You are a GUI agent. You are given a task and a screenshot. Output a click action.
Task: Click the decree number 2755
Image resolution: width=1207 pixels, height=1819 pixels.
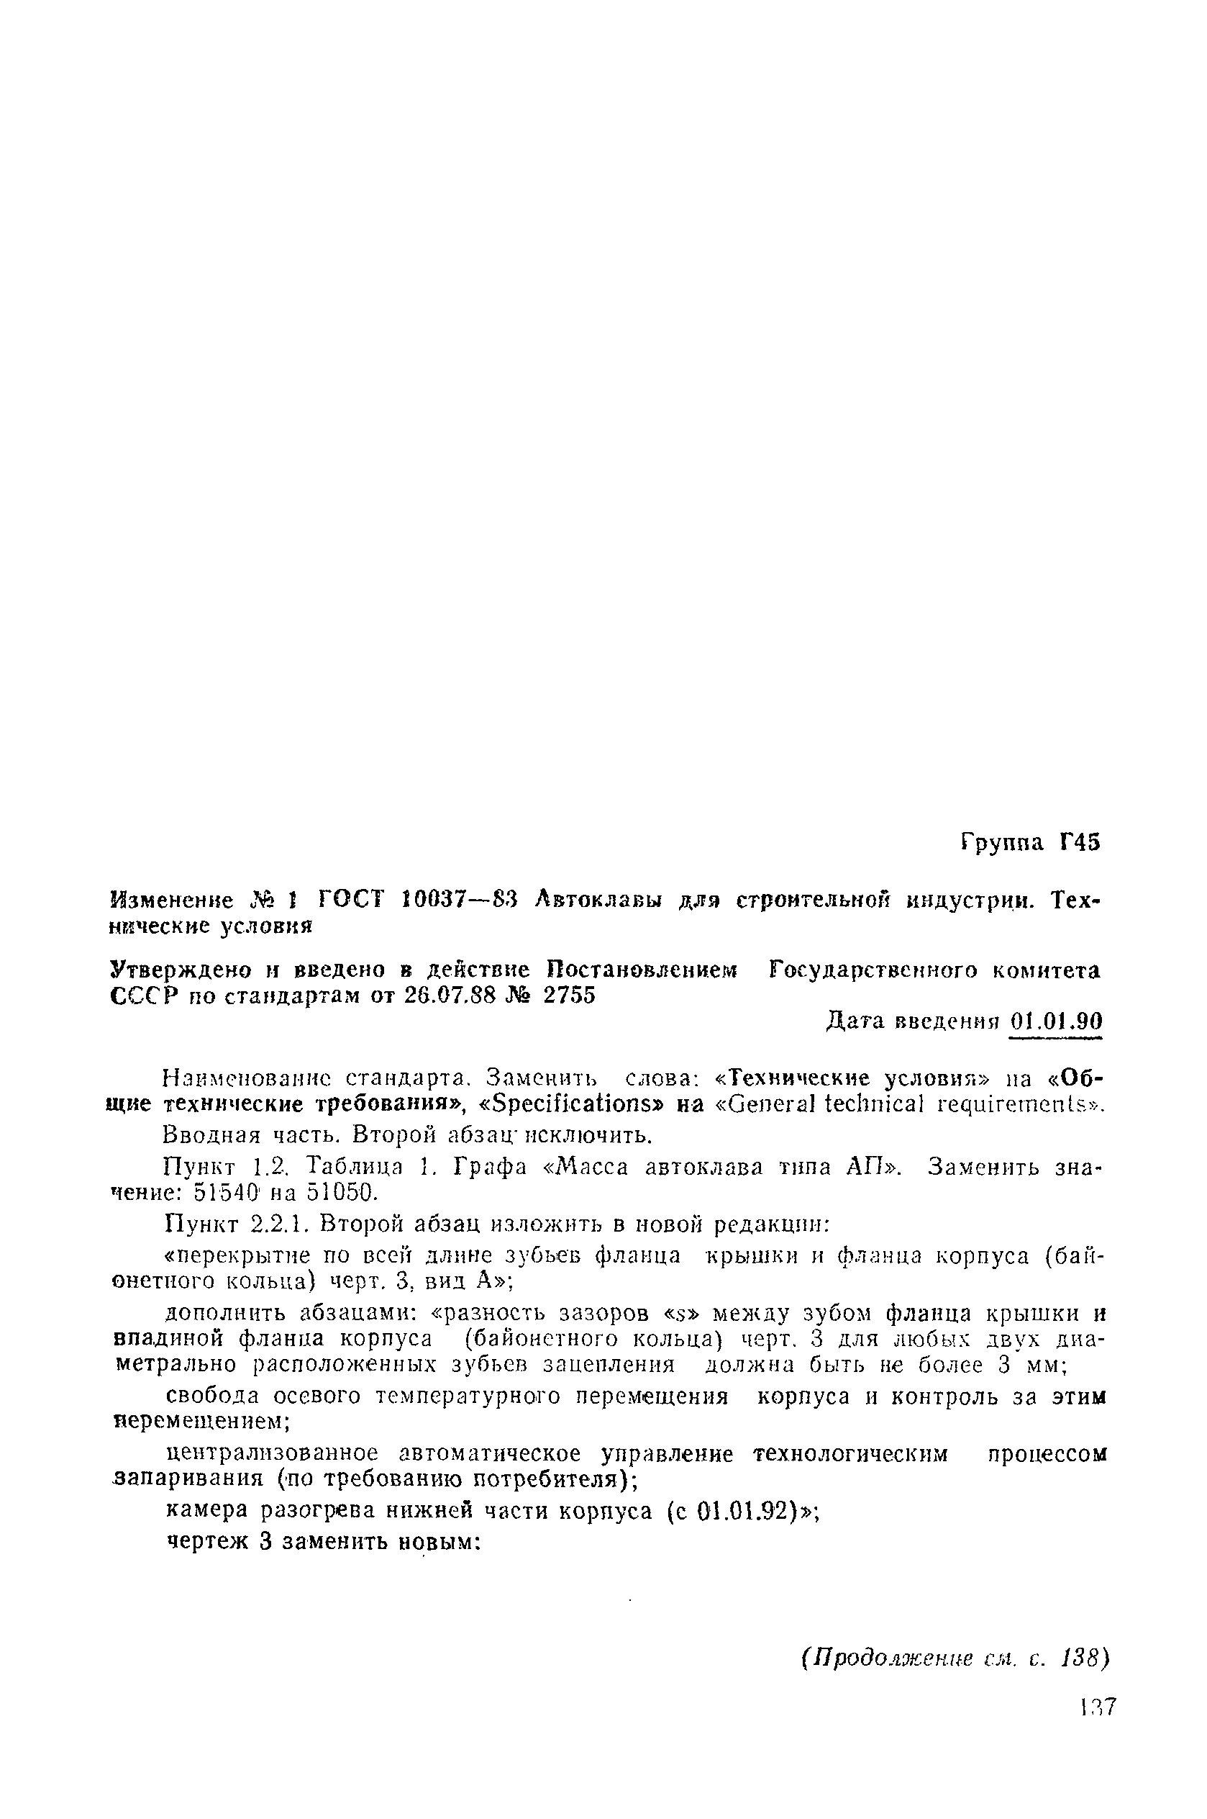tap(569, 996)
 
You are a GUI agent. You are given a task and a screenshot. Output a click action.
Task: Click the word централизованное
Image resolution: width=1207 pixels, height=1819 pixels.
tap(273, 1453)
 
